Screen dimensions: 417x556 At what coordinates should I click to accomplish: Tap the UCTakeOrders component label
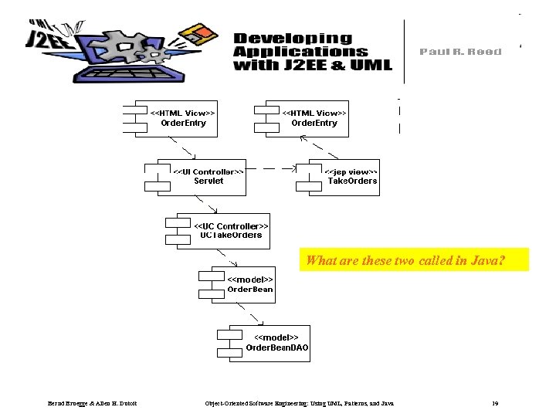(x=231, y=235)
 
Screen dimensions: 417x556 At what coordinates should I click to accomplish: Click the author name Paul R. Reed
(x=460, y=52)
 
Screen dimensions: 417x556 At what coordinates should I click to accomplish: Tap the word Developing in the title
(x=293, y=38)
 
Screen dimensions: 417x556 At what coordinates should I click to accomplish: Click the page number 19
(x=495, y=403)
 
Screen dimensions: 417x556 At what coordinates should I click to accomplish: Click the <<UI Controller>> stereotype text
(x=208, y=171)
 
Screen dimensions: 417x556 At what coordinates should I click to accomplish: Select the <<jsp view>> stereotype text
(x=351, y=171)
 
